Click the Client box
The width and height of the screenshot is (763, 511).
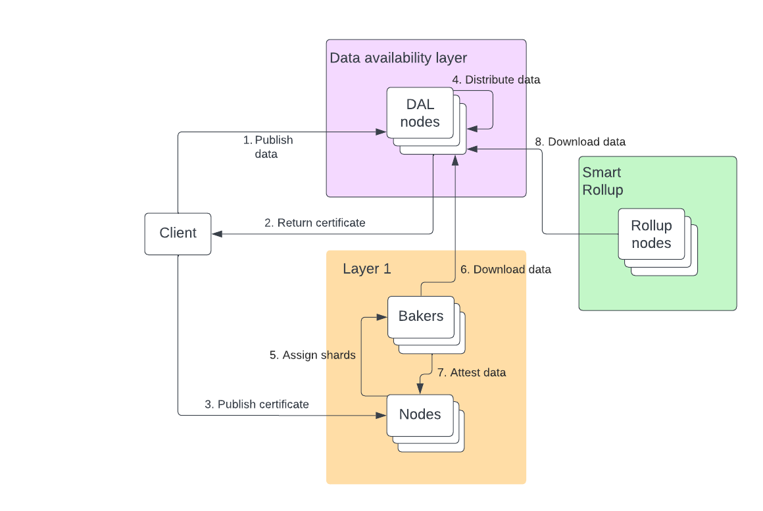coord(178,233)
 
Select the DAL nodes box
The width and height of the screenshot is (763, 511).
coord(420,112)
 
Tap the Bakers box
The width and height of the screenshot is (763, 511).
coord(420,316)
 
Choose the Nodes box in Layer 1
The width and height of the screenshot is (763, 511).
coord(420,414)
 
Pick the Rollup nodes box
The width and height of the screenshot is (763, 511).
coord(651,234)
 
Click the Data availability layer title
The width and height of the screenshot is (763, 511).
coord(398,58)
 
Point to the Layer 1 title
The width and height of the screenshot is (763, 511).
coord(366,269)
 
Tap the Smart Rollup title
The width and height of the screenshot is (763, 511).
coord(602,181)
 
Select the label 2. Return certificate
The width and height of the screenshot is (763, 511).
coord(314,223)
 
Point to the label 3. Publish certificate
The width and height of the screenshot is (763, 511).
coord(257,404)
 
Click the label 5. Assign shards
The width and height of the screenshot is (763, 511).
coord(312,355)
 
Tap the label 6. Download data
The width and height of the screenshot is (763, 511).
coord(505,269)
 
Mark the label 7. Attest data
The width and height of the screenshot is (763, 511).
coord(472,372)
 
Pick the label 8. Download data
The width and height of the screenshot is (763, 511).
coord(579,141)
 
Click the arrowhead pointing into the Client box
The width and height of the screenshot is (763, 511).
coord(216,233)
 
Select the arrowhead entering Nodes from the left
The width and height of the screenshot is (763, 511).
coord(381,415)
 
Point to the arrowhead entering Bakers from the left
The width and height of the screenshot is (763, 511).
coord(381,317)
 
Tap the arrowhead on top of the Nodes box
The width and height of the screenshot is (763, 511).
coord(420,389)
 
